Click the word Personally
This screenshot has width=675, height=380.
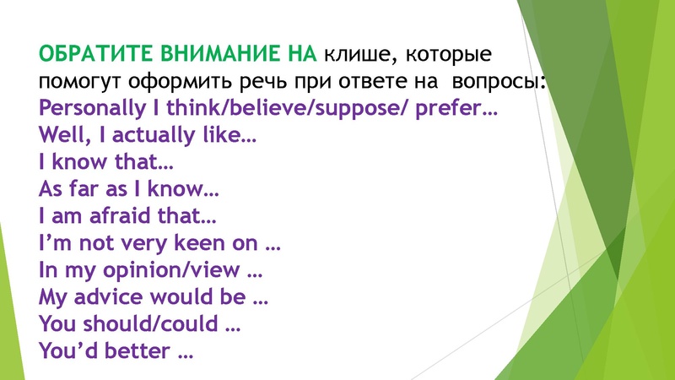(85, 110)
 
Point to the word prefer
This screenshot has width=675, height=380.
(455, 110)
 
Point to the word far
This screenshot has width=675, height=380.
(81, 191)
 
